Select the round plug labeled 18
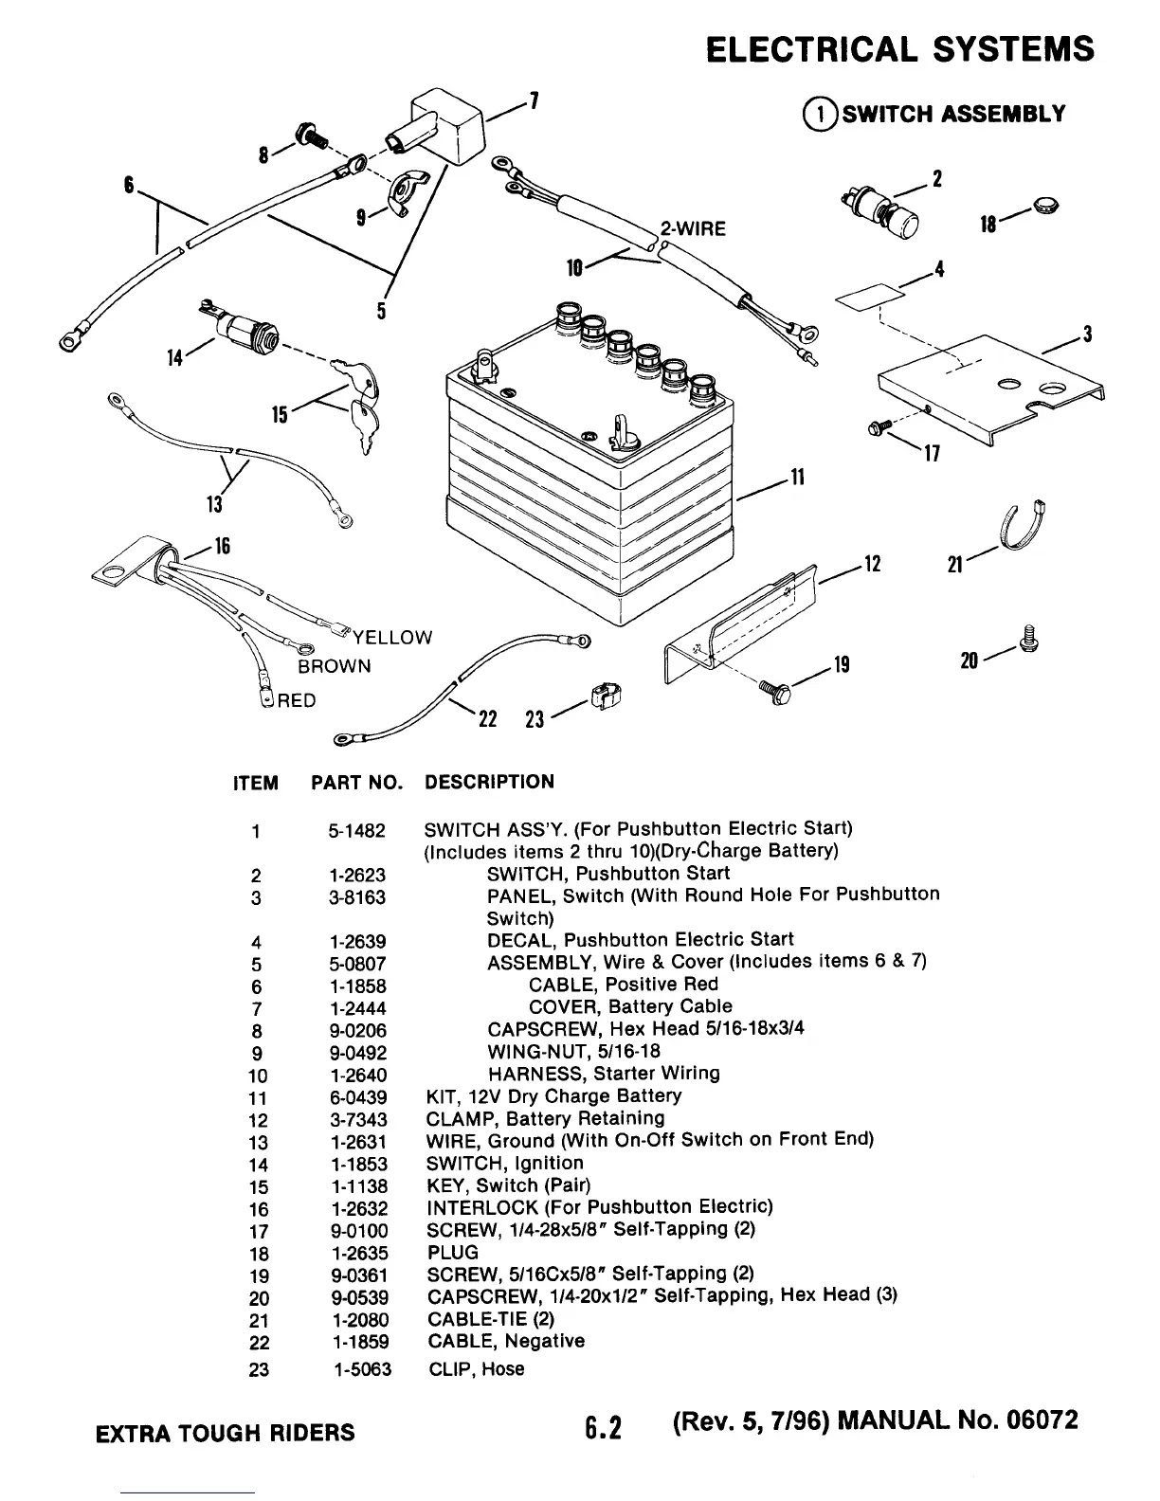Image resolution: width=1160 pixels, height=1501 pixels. (1046, 205)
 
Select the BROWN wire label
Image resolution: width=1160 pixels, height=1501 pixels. (335, 666)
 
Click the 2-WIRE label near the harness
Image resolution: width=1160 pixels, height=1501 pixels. (693, 229)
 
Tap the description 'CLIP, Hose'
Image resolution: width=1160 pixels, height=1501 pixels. (476, 1369)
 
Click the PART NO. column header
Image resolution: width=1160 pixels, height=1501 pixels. (357, 784)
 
